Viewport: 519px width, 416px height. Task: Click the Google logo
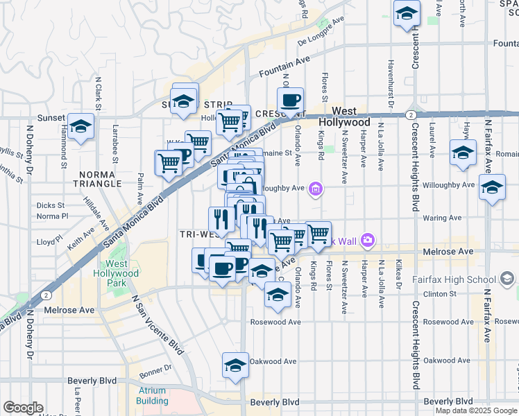click(23, 408)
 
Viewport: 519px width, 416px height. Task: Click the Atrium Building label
click(151, 395)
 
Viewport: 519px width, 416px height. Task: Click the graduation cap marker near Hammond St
click(81, 127)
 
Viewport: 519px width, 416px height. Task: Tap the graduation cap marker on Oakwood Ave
click(235, 365)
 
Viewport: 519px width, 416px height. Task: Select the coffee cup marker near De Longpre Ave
click(290, 100)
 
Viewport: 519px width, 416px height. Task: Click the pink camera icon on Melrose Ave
click(367, 241)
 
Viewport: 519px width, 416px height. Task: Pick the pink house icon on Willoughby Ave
click(316, 188)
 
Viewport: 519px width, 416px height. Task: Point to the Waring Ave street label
click(445, 218)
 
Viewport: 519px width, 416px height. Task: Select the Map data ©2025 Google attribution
click(476, 410)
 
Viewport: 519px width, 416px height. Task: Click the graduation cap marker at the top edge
click(406, 13)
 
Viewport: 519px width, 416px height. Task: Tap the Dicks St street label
click(51, 205)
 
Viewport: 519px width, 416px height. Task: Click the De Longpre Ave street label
click(321, 32)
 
